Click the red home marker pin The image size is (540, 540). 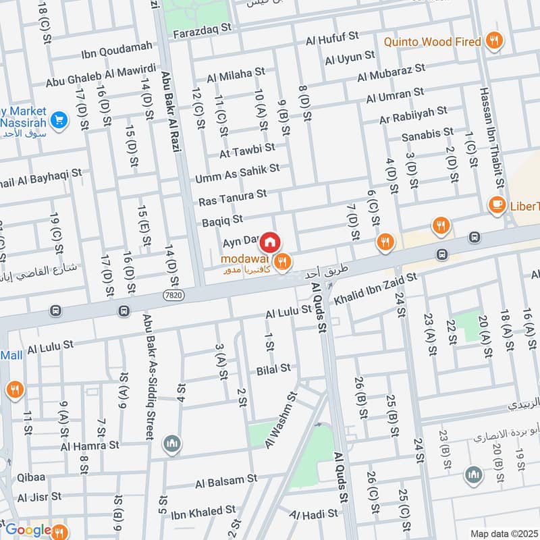pos(270,242)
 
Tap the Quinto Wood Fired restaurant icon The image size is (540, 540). pos(495,41)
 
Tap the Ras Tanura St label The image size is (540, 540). pos(232,198)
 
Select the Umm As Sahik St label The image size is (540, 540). pos(237,173)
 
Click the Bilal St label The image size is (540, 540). pos(273,369)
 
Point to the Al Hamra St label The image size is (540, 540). pos(89,446)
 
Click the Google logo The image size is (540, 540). pos(28,529)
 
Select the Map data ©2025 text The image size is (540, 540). pos(502,533)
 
